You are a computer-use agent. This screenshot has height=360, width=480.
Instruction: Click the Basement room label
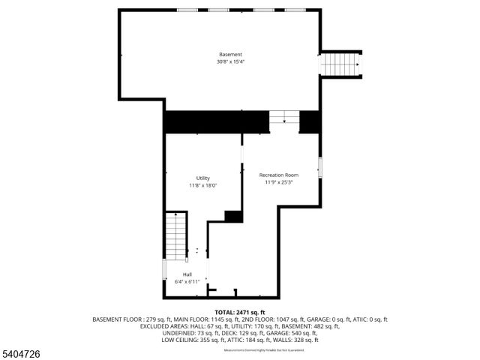(x=230, y=55)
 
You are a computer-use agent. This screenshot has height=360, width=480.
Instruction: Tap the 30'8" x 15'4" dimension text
(x=230, y=61)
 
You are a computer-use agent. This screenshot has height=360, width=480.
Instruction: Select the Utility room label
(x=203, y=178)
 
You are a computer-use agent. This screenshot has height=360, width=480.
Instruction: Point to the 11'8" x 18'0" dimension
(x=203, y=184)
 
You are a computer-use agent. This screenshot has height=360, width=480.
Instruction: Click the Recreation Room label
(x=278, y=175)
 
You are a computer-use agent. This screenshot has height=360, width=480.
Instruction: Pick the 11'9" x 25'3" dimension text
(x=278, y=181)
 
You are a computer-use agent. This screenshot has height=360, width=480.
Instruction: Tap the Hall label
(x=187, y=274)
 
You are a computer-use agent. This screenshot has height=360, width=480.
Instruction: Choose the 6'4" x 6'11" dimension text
(x=187, y=281)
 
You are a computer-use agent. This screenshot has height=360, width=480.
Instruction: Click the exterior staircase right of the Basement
(x=341, y=64)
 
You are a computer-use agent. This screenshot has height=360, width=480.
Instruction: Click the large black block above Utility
(x=216, y=121)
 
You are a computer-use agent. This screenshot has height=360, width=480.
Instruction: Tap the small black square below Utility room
(x=234, y=217)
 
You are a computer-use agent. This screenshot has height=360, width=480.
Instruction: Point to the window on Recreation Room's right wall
(x=320, y=168)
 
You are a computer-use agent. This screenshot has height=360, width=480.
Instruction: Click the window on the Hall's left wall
(x=164, y=269)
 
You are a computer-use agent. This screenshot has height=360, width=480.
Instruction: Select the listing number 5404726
(x=21, y=352)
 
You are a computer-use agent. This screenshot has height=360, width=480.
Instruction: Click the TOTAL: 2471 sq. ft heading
(x=240, y=312)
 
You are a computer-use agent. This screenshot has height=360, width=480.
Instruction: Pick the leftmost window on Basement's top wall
(x=187, y=10)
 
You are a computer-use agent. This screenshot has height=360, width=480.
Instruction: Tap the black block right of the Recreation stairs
(x=310, y=121)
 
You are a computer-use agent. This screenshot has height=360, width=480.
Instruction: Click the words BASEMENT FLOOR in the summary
(x=116, y=319)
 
